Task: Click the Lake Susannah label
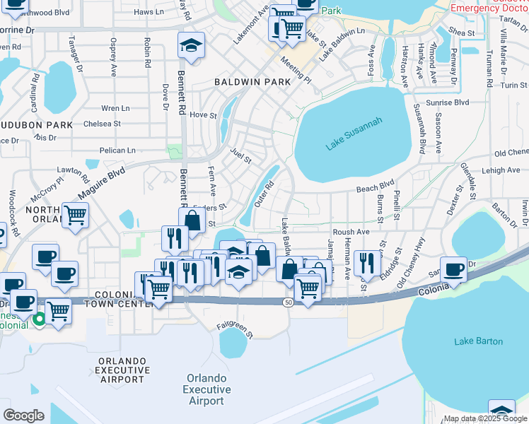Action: [354, 134]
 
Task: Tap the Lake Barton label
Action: [479, 341]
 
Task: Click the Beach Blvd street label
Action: [375, 187]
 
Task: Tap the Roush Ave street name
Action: [351, 232]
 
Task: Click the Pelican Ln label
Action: [117, 151]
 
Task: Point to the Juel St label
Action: [242, 155]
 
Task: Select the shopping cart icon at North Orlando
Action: [75, 216]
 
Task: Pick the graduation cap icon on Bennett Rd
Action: [191, 46]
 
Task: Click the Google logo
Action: [23, 416]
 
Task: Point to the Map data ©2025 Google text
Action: [485, 418]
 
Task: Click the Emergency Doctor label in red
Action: [488, 7]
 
